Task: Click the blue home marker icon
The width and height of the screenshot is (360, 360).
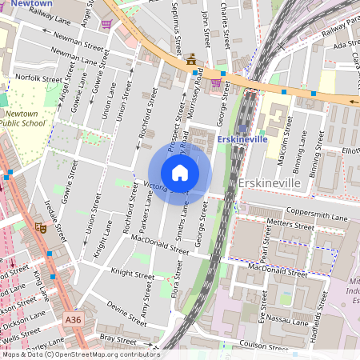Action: click(180, 173)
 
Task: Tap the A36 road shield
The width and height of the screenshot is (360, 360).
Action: click(73, 320)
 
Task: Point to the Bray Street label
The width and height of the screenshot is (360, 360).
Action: click(117, 338)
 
